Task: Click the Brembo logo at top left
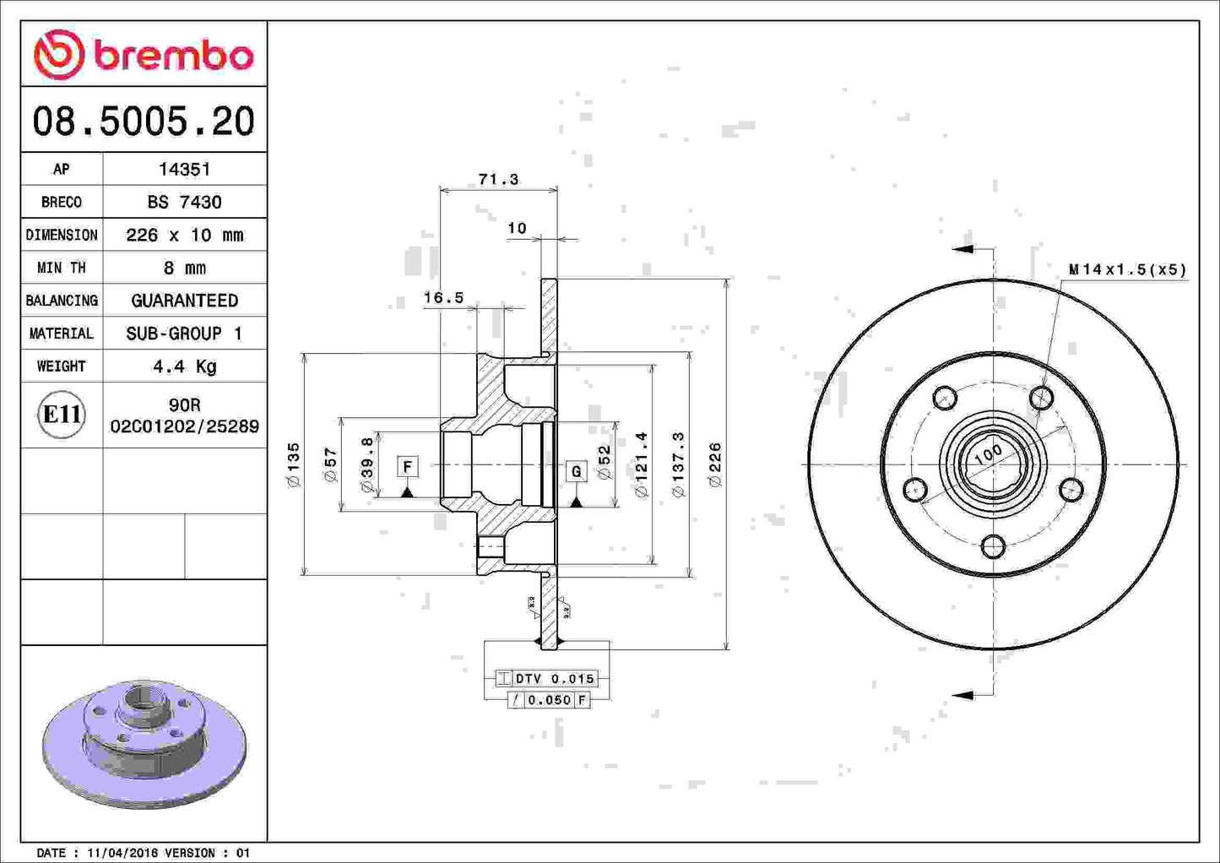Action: pyautogui.click(x=144, y=55)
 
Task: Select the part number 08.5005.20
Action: pyautogui.click(x=144, y=121)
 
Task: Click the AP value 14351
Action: pyautogui.click(x=184, y=169)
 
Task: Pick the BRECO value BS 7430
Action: pyautogui.click(x=184, y=202)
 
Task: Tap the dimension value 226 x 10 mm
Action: pyautogui.click(x=184, y=235)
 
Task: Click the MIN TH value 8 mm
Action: pyautogui.click(x=184, y=268)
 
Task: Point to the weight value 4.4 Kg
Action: pyautogui.click(x=184, y=366)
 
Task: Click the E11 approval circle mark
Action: pyautogui.click(x=62, y=415)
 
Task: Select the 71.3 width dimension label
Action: pyautogui.click(x=498, y=179)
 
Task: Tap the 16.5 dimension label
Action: pyautogui.click(x=443, y=297)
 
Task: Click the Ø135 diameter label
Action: pyautogui.click(x=293, y=464)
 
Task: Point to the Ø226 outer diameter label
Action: pyautogui.click(x=715, y=464)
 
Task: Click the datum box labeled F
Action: pyautogui.click(x=408, y=466)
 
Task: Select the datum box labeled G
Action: pyautogui.click(x=576, y=471)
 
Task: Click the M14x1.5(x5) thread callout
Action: pyautogui.click(x=1127, y=269)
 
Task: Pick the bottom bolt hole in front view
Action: pyautogui.click(x=994, y=546)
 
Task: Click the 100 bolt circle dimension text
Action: pyautogui.click(x=988, y=454)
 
